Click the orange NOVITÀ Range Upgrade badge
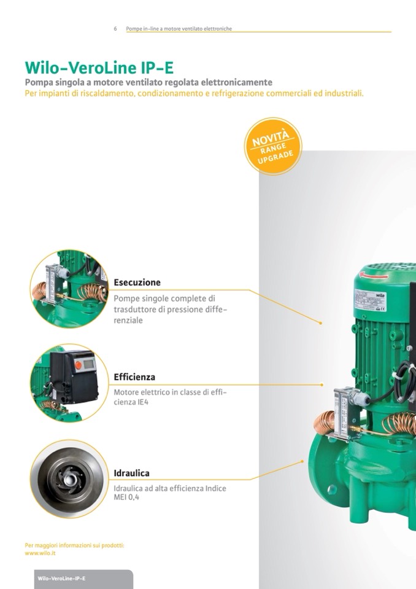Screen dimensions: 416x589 pos(272,146)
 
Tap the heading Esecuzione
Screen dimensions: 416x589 pos(137,283)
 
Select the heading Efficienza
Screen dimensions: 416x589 pos(134,377)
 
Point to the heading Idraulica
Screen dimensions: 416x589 pos(131,473)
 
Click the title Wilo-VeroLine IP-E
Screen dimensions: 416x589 pos(99,68)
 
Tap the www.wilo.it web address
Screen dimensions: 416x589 pos(40,553)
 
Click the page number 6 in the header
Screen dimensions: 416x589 pos(115,28)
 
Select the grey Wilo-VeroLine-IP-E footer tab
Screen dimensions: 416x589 pos(83,579)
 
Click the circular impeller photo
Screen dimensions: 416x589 pos(69,479)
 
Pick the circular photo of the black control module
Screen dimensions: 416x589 pos(69,383)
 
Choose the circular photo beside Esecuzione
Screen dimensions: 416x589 pos(69,289)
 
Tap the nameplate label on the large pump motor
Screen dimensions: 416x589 pos(370,300)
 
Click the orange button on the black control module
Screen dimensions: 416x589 pos(79,365)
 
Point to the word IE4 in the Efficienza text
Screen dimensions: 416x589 pos(143,402)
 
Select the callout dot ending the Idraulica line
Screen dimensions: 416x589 pos(302,461)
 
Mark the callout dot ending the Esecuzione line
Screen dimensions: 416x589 pos(321,323)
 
